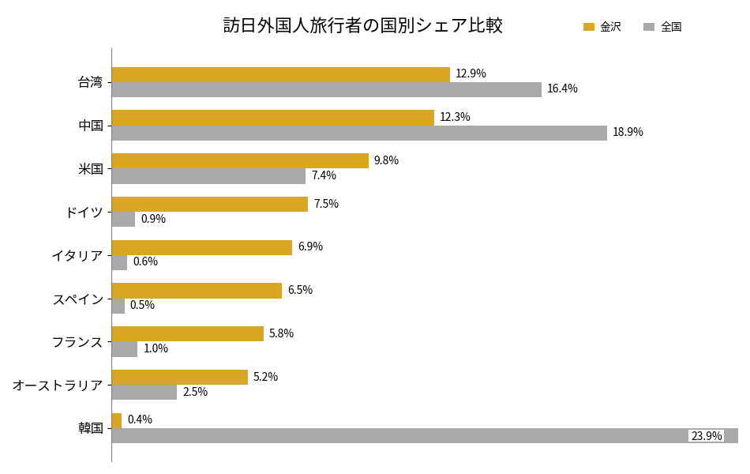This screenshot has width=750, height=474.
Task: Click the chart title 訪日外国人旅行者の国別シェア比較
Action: pos(362,26)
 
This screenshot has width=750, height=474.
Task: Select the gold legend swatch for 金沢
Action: pos(588,27)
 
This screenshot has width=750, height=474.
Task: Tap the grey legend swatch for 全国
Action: pos(649,27)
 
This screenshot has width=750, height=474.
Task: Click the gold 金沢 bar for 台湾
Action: pos(280,74)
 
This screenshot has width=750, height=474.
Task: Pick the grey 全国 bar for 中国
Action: pos(359,133)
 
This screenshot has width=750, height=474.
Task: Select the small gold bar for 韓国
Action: pos(117,420)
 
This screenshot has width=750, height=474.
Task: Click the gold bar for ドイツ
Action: pos(209,204)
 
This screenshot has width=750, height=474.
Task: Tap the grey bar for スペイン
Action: pos(118,306)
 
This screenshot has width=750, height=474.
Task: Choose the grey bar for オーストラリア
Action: pos(144,392)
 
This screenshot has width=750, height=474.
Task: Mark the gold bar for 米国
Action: pos(240,160)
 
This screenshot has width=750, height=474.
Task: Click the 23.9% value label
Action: pos(706,436)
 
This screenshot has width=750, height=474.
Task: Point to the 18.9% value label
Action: pos(628,133)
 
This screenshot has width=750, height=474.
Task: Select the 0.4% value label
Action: pos(140,419)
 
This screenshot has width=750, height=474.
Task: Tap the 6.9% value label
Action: pos(310,246)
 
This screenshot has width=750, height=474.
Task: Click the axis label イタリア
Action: pos(77,255)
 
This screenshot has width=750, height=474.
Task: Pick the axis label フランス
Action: pos(77,342)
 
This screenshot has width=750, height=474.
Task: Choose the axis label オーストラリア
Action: pos(58,386)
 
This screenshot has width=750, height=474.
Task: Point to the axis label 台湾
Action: pos(91,82)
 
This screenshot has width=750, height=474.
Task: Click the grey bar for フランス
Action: pos(125,348)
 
